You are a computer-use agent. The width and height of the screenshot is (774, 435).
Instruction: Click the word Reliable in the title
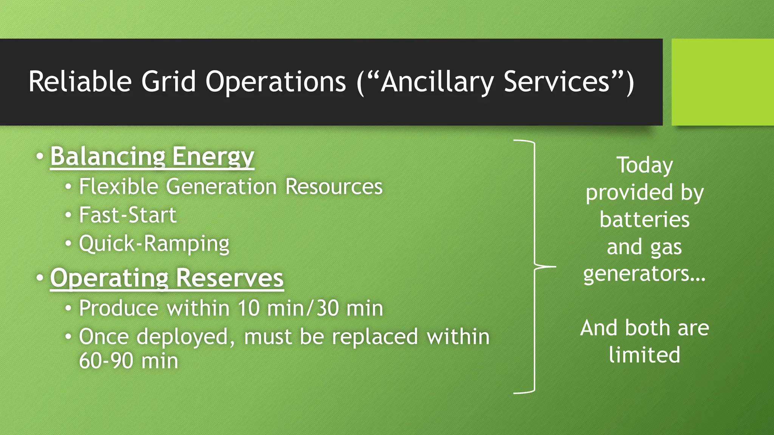(x=80, y=82)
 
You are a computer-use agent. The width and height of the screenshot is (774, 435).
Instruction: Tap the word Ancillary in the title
(x=437, y=82)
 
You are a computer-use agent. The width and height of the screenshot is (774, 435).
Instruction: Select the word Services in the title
(x=556, y=82)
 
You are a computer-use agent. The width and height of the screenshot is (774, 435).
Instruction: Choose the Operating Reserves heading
(x=167, y=278)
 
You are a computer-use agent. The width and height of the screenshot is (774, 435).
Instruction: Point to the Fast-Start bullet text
(x=127, y=215)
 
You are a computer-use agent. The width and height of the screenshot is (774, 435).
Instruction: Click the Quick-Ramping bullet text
(x=154, y=244)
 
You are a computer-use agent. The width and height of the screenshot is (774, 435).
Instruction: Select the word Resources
(x=334, y=187)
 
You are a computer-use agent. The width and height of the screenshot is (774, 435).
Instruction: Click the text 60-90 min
(x=128, y=361)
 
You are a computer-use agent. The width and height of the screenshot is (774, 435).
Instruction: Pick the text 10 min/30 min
(x=310, y=309)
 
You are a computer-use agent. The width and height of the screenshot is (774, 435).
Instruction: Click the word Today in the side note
(x=645, y=166)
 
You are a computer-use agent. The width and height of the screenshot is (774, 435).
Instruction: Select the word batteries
(x=644, y=220)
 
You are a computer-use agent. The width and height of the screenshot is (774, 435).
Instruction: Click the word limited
(x=644, y=355)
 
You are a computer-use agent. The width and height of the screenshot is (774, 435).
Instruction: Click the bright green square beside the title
(x=722, y=82)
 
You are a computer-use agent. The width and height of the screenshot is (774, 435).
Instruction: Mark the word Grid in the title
(x=169, y=82)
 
